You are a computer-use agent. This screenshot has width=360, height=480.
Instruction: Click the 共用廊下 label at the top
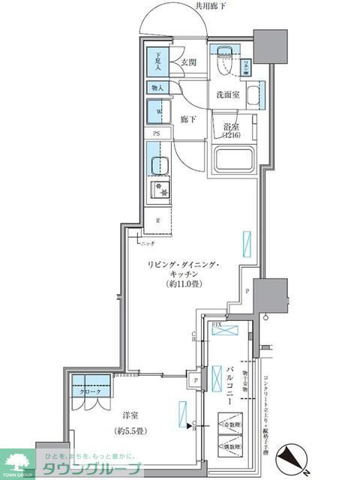(x=211, y=6)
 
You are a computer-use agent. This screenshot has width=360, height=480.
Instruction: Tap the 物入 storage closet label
(x=158, y=88)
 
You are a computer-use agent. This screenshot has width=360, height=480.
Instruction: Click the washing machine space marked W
(x=159, y=112)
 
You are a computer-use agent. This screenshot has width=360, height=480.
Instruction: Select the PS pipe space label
(x=157, y=133)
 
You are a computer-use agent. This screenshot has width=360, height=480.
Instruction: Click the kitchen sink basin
(x=158, y=166)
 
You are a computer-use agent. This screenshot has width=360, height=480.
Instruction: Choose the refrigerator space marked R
(x=157, y=220)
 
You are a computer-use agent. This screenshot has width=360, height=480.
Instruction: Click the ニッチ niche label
(x=146, y=243)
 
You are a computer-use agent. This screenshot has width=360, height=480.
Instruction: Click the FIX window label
(x=216, y=324)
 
